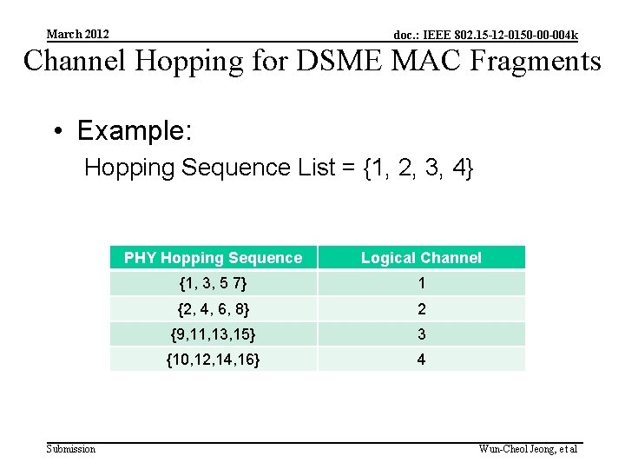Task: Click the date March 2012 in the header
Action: pyautogui.click(x=78, y=34)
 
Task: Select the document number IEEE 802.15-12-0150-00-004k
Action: pyautogui.click(x=485, y=36)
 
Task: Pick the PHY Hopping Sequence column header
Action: pyautogui.click(x=214, y=257)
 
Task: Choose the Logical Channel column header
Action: pyautogui.click(x=421, y=257)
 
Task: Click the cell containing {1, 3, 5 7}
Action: pyautogui.click(x=214, y=283)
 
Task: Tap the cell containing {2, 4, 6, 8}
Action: pyautogui.click(x=214, y=309)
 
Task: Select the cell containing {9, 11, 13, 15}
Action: pyautogui.click(x=214, y=334)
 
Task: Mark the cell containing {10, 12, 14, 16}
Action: pyautogui.click(x=214, y=359)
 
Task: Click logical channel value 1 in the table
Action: pyautogui.click(x=421, y=283)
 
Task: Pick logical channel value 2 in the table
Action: pyautogui.click(x=421, y=309)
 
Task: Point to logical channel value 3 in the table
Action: pyautogui.click(x=421, y=334)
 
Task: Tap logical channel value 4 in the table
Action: pyautogui.click(x=421, y=359)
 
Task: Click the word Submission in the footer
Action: pyautogui.click(x=71, y=448)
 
